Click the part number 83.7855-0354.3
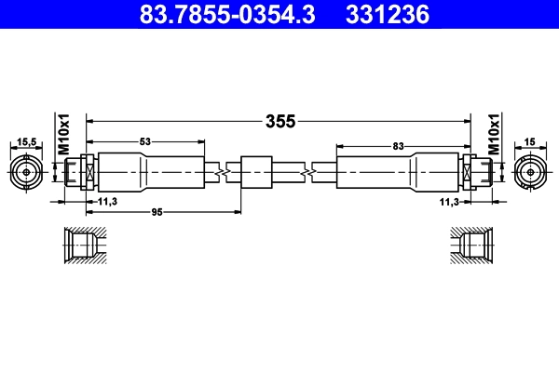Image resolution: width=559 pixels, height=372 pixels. coord(221,16)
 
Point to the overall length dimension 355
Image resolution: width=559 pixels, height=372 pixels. coord(280,121)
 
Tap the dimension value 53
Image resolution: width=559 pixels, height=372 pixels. coord(144,142)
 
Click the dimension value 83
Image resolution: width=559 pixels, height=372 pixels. coord(398,146)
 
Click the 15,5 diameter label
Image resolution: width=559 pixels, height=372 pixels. coord(27,142)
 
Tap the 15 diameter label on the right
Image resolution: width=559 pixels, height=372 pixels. coord(529,142)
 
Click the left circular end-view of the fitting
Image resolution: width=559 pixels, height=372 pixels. coord(28,172)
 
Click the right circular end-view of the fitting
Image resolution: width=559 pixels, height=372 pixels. coord(530,172)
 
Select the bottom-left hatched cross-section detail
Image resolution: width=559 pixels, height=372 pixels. coord(84,247)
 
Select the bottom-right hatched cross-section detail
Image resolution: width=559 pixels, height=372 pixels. coord(473,247)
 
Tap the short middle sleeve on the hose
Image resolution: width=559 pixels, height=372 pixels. coord(254,172)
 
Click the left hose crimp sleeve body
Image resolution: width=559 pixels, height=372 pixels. coord(149,172)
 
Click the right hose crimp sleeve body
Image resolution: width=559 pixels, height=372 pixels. coord(401,172)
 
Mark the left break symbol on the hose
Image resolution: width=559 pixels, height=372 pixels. coord(220,172)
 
